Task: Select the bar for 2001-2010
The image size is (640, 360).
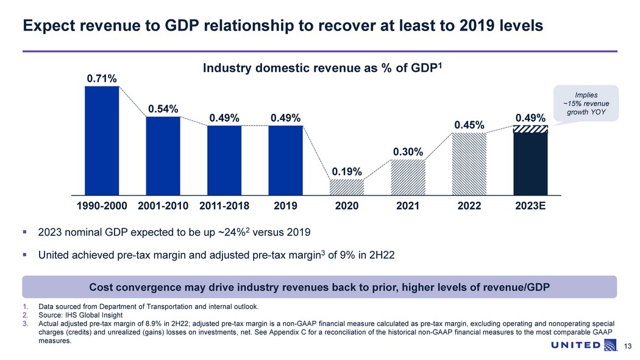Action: (163, 155)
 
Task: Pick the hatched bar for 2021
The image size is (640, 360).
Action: (408, 177)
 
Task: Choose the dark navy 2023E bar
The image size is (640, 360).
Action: (530, 163)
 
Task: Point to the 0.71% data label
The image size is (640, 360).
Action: (102, 78)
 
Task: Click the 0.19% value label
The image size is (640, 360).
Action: (347, 171)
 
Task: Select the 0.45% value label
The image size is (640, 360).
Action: (469, 125)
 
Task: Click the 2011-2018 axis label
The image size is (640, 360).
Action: (224, 206)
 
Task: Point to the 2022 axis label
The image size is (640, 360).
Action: (469, 206)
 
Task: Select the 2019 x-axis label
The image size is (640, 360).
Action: (285, 206)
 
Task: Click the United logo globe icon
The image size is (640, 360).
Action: (610, 346)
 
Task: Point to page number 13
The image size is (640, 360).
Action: (623, 347)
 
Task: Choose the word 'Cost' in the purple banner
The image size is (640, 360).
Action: (101, 287)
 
